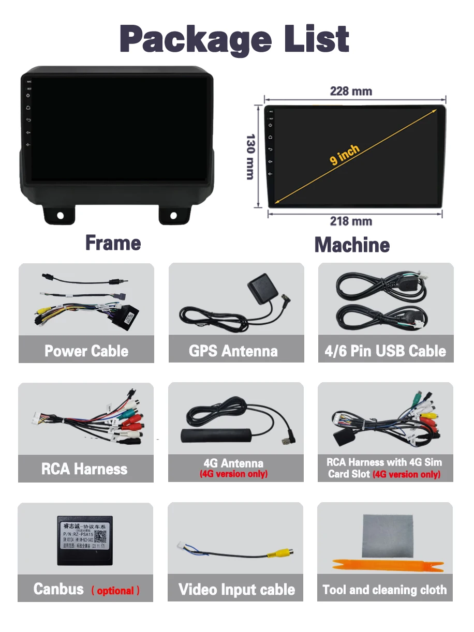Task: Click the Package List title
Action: (x=234, y=38)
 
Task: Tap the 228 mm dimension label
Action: (x=351, y=92)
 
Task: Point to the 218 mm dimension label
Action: (x=351, y=221)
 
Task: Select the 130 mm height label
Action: (x=250, y=157)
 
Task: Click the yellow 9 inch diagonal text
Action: (x=345, y=155)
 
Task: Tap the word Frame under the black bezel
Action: (x=113, y=243)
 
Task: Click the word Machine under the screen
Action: (x=352, y=245)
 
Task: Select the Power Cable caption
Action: (x=86, y=351)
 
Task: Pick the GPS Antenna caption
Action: (x=233, y=351)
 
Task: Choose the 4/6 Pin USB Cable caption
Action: (x=385, y=351)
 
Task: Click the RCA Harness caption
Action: (x=84, y=469)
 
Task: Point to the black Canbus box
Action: (x=85, y=538)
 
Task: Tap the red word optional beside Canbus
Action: (x=115, y=591)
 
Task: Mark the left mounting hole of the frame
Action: (x=61, y=215)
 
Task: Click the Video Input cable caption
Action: (x=236, y=590)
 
